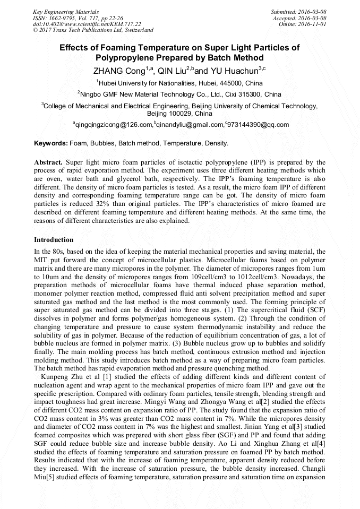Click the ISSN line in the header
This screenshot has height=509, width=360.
[78, 18]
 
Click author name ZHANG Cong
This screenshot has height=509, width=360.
[118, 70]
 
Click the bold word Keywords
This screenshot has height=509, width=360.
[50, 143]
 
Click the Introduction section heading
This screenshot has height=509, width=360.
[54, 240]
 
